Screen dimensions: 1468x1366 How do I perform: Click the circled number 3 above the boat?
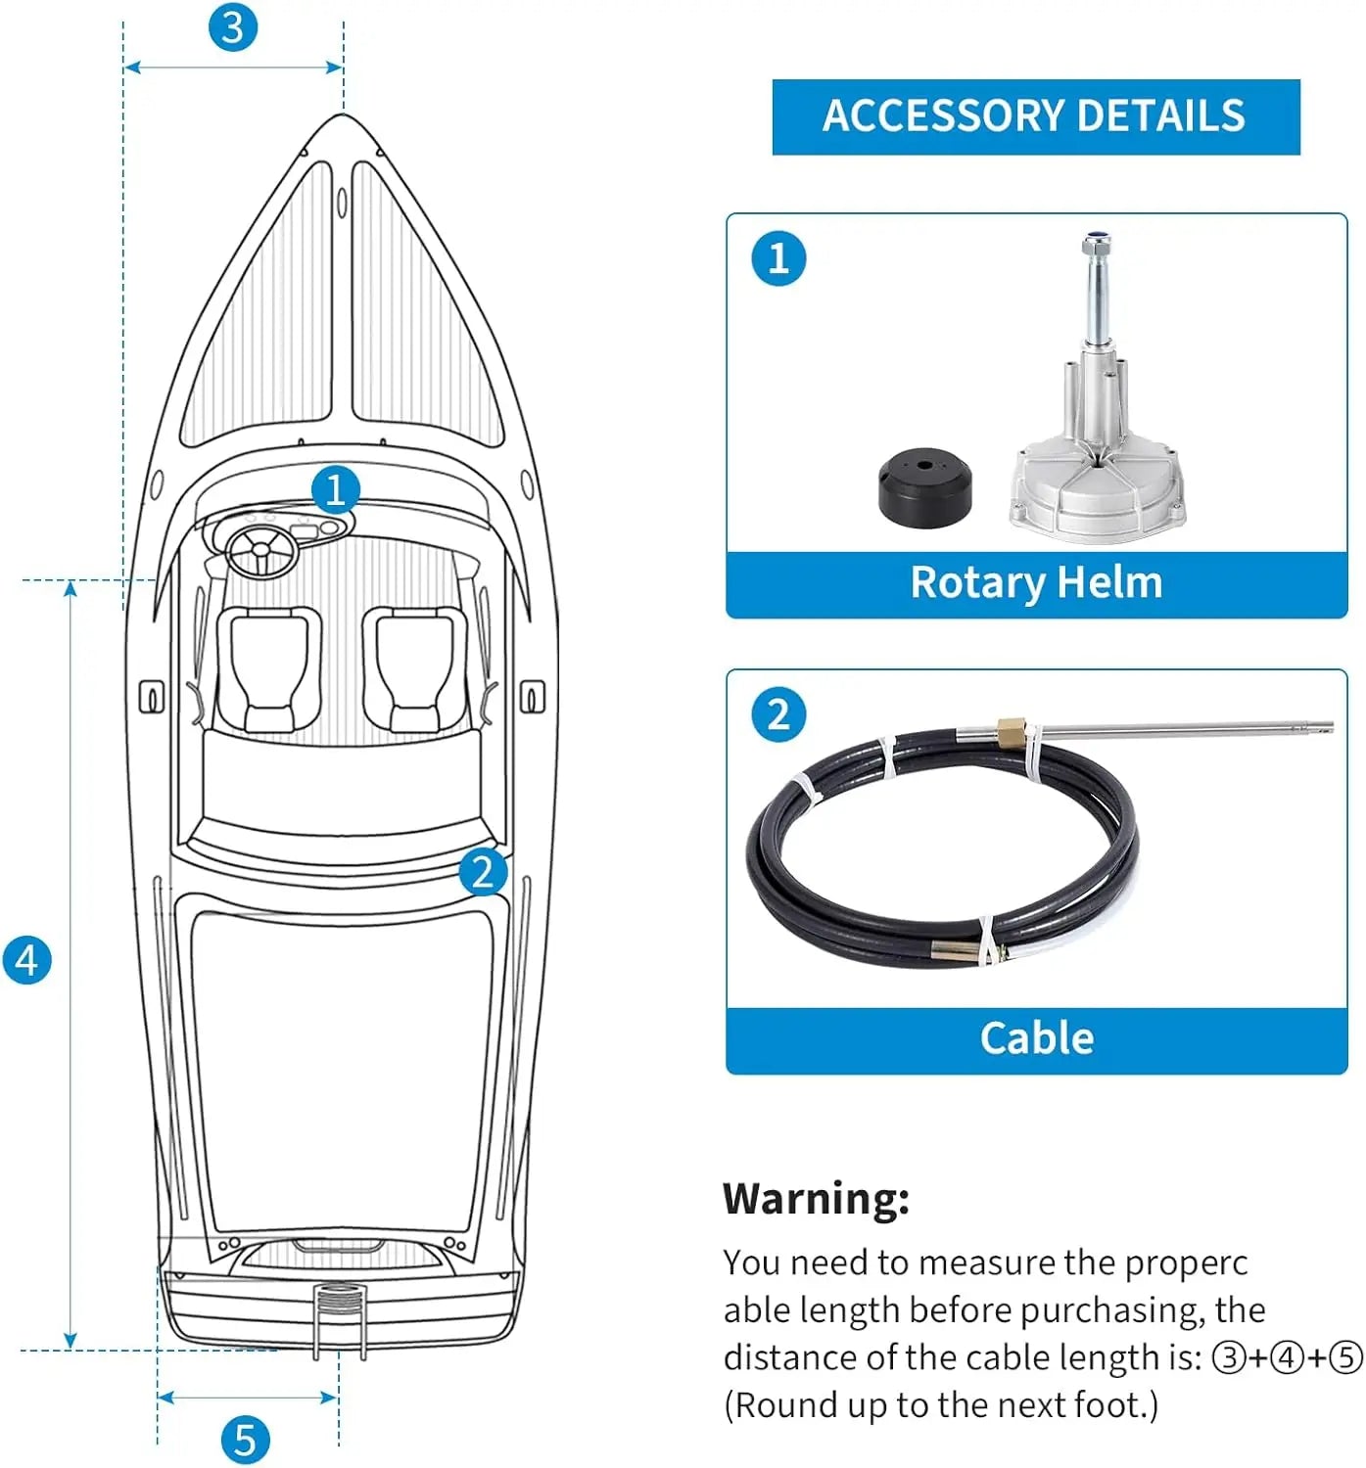(232, 27)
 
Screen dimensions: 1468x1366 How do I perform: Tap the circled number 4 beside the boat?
(26, 959)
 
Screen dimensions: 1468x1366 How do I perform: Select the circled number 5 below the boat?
(245, 1440)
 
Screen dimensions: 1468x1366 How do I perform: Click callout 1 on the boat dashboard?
(336, 488)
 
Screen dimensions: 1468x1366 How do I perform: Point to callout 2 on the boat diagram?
(483, 871)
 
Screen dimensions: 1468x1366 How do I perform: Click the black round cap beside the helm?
(924, 486)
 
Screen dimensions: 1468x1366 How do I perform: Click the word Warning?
(816, 1198)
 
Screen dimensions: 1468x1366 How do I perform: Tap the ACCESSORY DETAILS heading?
(1035, 116)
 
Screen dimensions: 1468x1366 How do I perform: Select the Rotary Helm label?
(1036, 583)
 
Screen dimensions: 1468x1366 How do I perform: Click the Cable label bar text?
(1036, 1038)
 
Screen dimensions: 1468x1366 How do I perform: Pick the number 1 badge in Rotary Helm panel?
(778, 258)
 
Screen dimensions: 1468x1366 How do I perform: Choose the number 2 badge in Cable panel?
(778, 714)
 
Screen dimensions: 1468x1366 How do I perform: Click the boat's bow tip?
(342, 116)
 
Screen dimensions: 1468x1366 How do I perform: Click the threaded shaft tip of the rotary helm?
(1096, 242)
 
